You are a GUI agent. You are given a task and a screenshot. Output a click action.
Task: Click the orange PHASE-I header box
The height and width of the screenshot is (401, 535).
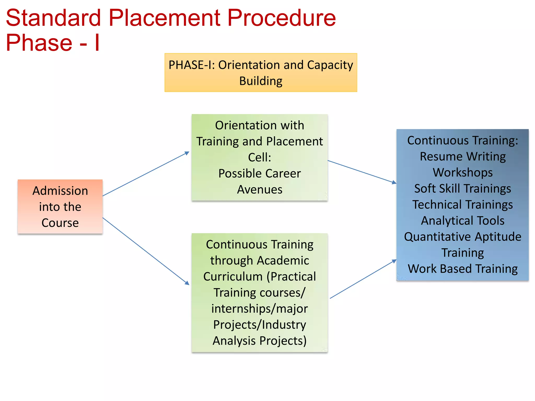(261, 73)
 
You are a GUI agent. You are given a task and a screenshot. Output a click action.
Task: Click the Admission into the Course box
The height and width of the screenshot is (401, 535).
(60, 207)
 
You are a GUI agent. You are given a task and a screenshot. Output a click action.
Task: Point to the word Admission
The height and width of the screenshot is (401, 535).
(60, 191)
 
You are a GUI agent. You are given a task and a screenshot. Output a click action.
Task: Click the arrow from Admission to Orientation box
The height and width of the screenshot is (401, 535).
(146, 174)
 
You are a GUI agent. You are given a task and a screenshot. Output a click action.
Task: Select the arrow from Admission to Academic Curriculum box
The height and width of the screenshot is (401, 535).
(146, 251)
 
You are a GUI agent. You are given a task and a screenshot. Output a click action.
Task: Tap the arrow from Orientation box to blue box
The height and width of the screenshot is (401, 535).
(362, 172)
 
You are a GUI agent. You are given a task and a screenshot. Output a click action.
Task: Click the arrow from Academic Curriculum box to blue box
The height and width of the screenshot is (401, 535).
(363, 279)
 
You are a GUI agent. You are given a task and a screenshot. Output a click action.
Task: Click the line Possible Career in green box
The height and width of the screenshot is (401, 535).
(259, 174)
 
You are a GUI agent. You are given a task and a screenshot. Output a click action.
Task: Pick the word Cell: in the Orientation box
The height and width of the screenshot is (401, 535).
(259, 157)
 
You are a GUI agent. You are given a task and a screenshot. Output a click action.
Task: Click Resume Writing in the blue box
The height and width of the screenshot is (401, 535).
(463, 157)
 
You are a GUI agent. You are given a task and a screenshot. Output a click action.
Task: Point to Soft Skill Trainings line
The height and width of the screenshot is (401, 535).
(463, 189)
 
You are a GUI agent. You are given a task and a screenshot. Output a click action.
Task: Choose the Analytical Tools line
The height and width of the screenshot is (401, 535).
(463, 221)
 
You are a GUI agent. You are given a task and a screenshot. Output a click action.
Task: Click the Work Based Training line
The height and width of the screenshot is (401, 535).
(463, 269)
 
